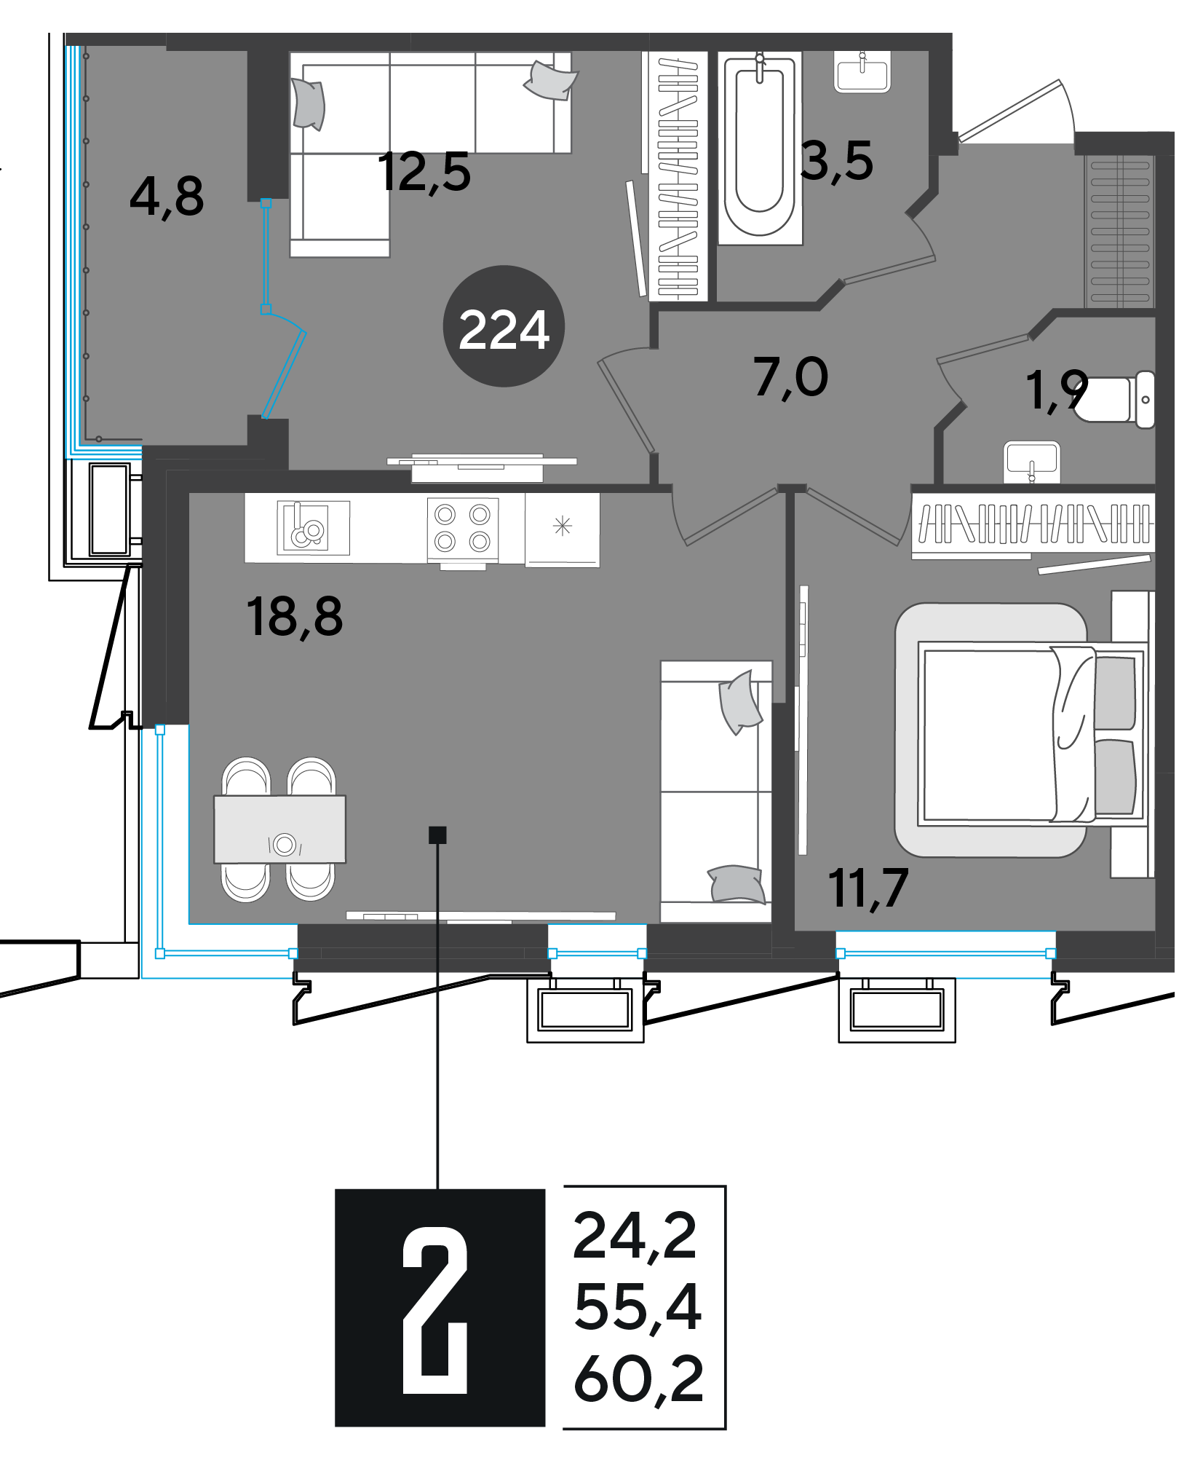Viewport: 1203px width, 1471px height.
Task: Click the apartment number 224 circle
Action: tap(504, 326)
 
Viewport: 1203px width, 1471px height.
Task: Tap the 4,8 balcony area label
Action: tap(167, 197)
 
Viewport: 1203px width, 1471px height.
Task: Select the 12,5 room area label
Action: tap(424, 173)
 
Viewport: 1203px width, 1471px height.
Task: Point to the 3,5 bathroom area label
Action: tap(836, 162)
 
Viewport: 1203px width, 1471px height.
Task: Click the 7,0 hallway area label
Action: tap(791, 378)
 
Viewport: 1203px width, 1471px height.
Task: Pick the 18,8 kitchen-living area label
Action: tap(294, 617)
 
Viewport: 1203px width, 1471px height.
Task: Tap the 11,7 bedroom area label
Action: tap(868, 888)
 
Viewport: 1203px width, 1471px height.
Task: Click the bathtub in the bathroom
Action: tap(760, 148)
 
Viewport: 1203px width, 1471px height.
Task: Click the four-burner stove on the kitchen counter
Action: tap(462, 528)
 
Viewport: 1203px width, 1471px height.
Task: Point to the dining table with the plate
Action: tap(279, 829)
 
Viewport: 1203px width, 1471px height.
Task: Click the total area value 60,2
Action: tap(638, 1379)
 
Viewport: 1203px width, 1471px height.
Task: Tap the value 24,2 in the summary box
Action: tap(635, 1236)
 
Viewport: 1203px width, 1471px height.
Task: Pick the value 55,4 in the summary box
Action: tap(638, 1307)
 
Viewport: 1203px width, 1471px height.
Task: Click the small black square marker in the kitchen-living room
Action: tap(437, 835)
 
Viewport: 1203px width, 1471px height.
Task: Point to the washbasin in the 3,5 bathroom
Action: tap(862, 72)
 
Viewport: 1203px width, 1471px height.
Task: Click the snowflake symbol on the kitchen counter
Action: tap(563, 526)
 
